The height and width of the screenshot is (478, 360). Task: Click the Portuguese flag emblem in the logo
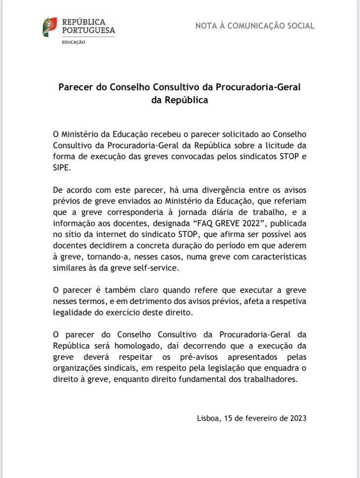(49, 26)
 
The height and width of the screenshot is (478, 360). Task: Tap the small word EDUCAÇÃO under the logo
(73, 43)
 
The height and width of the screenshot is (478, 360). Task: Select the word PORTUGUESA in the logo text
(88, 31)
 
